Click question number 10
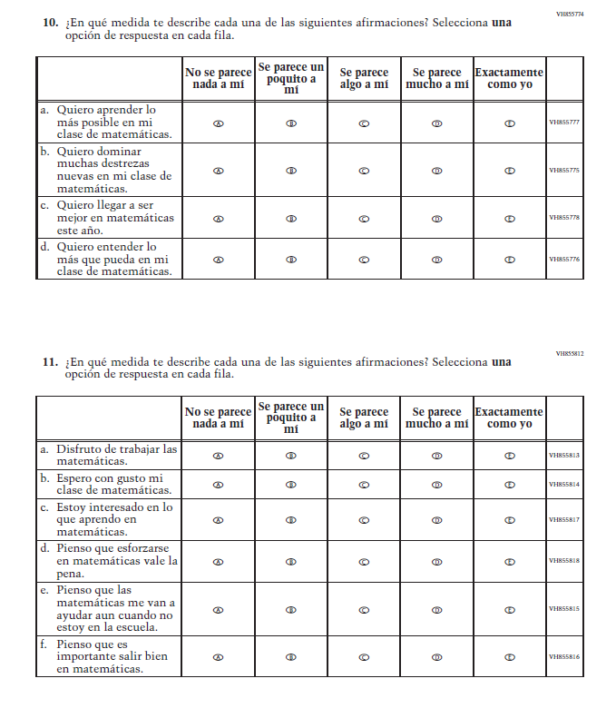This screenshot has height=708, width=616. click(x=51, y=21)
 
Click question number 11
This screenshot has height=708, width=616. click(x=51, y=361)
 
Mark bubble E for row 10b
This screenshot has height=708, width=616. click(x=509, y=170)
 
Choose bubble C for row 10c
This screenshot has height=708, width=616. click(x=364, y=218)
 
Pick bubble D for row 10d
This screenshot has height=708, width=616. click(x=436, y=260)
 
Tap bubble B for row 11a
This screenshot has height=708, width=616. click(x=291, y=456)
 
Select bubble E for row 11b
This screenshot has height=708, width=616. click(x=509, y=484)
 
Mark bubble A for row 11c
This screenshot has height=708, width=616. click(x=219, y=520)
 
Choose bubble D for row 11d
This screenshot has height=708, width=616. click(x=436, y=562)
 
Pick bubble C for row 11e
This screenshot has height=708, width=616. click(x=364, y=609)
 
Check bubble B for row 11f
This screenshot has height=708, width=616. click(x=291, y=656)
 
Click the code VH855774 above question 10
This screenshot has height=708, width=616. click(x=570, y=15)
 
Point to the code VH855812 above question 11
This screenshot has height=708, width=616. click(x=570, y=353)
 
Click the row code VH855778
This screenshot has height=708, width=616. click(x=564, y=218)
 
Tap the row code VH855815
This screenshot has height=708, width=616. click(x=564, y=609)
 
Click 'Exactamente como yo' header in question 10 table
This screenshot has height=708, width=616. click(x=509, y=78)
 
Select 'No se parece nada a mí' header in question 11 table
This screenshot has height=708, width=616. click(x=219, y=418)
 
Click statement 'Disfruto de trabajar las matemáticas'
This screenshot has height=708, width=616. click(x=115, y=455)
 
